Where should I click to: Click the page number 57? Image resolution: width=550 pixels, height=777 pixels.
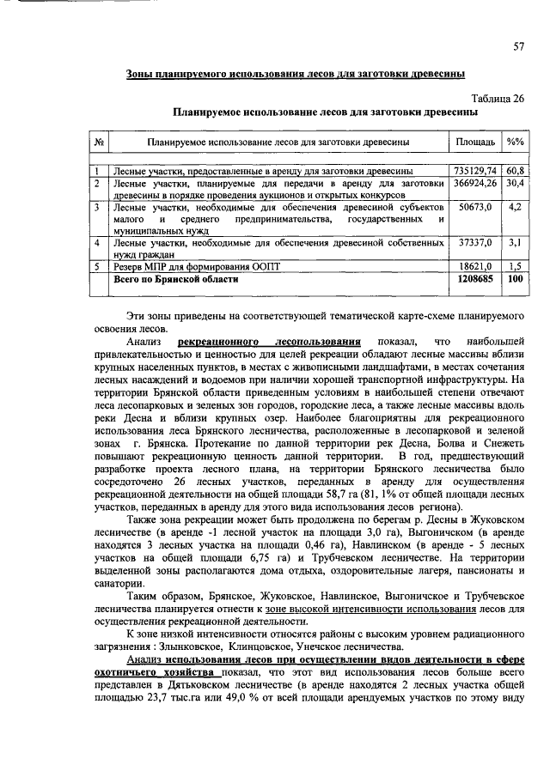pyautogui.click(x=519, y=46)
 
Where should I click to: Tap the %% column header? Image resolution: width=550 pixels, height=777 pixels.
pyautogui.click(x=516, y=141)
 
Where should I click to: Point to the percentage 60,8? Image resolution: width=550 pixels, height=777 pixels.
pyautogui.click(x=516, y=171)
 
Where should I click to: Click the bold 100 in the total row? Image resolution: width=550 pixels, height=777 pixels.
pyautogui.click(x=516, y=279)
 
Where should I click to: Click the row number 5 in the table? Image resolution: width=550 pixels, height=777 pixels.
pyautogui.click(x=98, y=267)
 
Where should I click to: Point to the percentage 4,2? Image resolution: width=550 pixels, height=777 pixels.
pyautogui.click(x=516, y=207)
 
